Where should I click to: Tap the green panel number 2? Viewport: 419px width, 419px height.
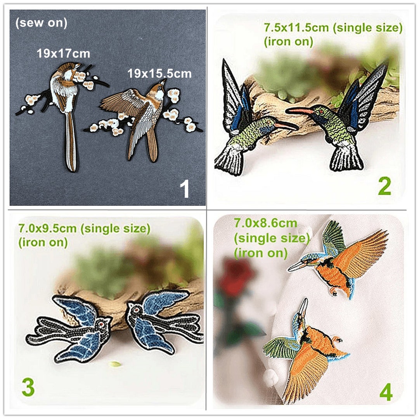[x=384, y=187]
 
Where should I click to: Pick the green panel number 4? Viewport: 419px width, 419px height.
[x=385, y=392]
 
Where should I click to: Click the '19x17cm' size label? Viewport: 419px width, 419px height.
[x=63, y=53]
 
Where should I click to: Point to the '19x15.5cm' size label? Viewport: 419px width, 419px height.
[x=159, y=73]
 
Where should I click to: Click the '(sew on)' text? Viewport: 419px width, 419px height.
[x=41, y=23]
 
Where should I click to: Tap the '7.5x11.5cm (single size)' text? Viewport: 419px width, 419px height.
[x=333, y=28]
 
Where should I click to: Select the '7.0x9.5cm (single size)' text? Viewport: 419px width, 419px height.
[x=84, y=229]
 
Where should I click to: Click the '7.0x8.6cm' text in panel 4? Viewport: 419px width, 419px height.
[x=265, y=223]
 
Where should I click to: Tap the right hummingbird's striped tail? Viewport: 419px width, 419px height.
[x=346, y=159]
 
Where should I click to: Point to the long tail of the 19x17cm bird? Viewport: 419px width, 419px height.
[x=71, y=144]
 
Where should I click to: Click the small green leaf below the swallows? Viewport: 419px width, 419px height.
[x=115, y=364]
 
